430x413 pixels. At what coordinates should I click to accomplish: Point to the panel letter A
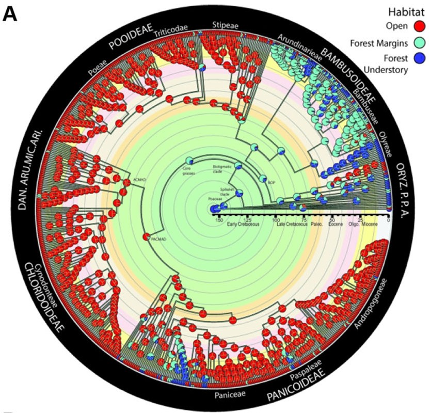click(x=11, y=13)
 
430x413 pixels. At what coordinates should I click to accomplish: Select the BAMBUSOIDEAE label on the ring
click(x=355, y=72)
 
